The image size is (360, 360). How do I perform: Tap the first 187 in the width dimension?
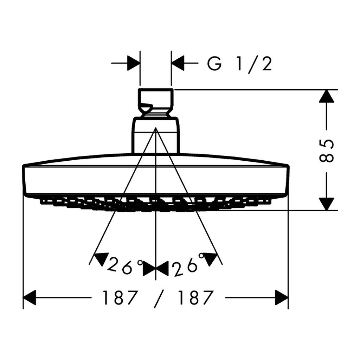[x=119, y=298]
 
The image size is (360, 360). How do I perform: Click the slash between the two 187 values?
[x=158, y=298]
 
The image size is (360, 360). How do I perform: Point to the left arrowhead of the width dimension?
[x=30, y=298]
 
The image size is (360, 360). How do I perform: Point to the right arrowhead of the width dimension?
[x=281, y=298]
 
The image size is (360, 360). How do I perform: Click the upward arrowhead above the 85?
[x=327, y=96]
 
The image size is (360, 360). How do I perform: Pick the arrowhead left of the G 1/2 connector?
[x=134, y=64]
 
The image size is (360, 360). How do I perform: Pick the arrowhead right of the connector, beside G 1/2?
[x=178, y=64]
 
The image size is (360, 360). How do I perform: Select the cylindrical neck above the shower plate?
[x=156, y=135]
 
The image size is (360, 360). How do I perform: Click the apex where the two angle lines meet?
[x=155, y=129]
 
